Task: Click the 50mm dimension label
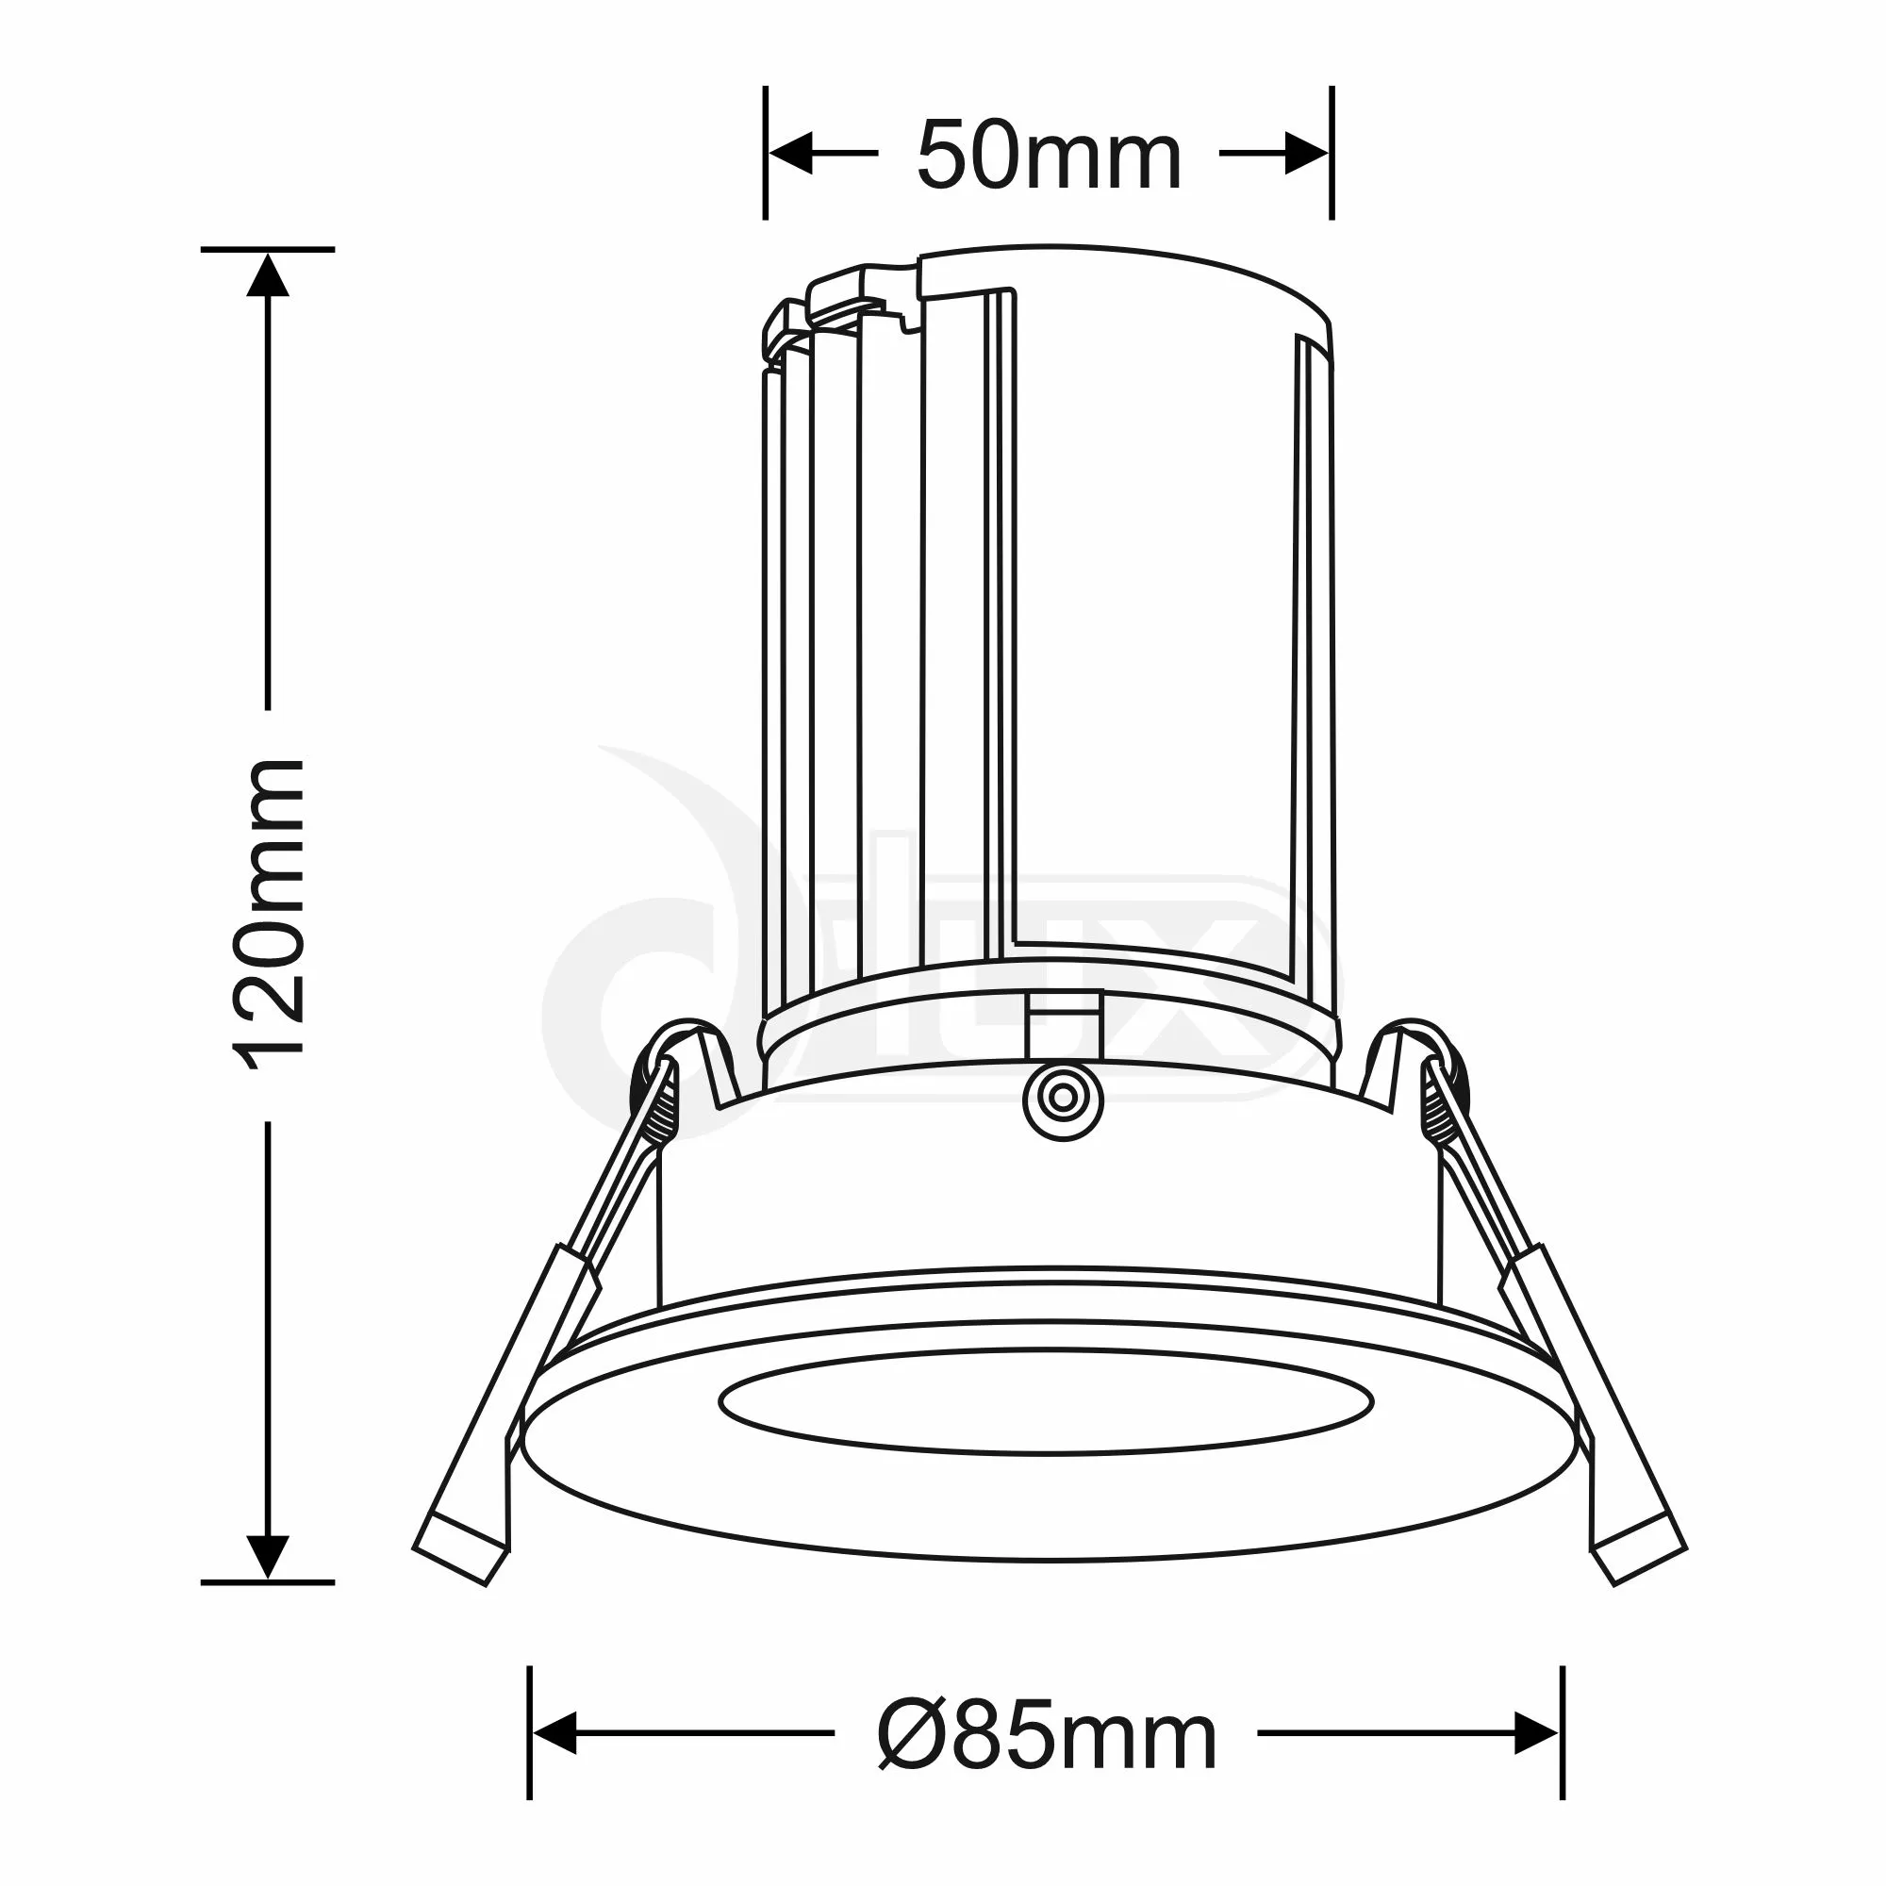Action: click(1049, 157)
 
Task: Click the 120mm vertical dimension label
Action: click(268, 914)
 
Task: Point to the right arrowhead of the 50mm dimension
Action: click(1306, 154)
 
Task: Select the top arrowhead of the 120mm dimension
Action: click(268, 275)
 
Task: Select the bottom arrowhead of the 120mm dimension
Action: click(268, 1556)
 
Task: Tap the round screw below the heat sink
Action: click(1063, 1100)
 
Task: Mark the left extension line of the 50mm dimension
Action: click(766, 154)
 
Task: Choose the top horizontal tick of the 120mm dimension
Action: click(268, 250)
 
